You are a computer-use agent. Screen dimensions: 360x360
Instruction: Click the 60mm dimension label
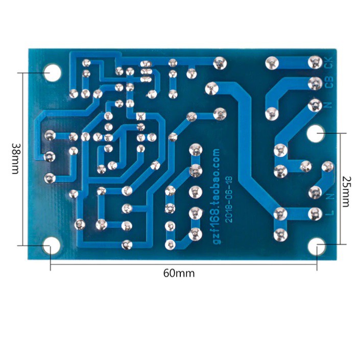click(x=179, y=273)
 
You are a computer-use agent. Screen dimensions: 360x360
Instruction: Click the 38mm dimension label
click(x=15, y=159)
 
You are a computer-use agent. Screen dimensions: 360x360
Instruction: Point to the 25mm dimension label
click(x=346, y=191)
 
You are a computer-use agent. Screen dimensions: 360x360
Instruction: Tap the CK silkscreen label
click(x=329, y=62)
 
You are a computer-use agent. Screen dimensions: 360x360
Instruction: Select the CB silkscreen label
click(x=329, y=82)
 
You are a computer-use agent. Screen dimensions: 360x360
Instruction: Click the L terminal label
click(x=330, y=213)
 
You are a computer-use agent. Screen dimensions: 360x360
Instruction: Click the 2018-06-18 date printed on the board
click(x=229, y=199)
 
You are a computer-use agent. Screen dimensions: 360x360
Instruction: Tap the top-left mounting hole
click(x=53, y=73)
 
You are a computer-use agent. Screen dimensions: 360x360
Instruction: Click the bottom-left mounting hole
click(x=52, y=246)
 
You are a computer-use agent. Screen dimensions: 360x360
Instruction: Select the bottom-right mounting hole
click(x=317, y=247)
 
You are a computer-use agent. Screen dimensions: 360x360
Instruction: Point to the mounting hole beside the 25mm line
click(x=316, y=133)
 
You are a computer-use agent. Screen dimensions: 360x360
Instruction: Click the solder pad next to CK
click(x=315, y=62)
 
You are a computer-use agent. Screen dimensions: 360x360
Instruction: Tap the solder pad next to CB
click(x=315, y=84)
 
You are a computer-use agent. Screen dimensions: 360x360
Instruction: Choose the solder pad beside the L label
click(x=315, y=214)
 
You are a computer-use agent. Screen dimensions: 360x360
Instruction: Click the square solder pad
click(x=141, y=116)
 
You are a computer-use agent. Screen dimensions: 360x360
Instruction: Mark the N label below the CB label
click(x=329, y=105)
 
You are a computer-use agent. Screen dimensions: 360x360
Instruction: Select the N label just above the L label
click(x=330, y=197)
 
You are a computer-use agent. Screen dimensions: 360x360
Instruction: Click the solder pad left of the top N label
click(x=315, y=106)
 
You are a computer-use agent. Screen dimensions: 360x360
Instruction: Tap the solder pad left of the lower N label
click(x=315, y=193)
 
